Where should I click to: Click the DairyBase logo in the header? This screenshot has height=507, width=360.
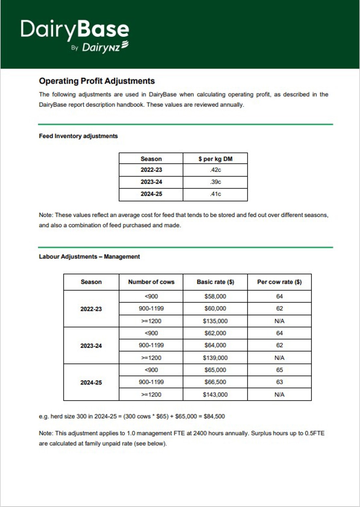pyautogui.click(x=75, y=29)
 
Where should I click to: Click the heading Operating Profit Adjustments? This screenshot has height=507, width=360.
pyautogui.click(x=97, y=81)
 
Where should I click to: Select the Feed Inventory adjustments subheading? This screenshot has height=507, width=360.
pyautogui.click(x=78, y=136)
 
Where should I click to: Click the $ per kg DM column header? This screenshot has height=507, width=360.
pyautogui.click(x=215, y=159)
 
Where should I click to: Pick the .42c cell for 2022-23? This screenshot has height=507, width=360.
pyautogui.click(x=215, y=170)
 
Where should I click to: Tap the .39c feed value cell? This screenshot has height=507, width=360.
pyautogui.click(x=215, y=182)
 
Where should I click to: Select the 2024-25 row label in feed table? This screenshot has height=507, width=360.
pyautogui.click(x=151, y=194)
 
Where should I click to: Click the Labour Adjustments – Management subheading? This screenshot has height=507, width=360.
pyautogui.click(x=89, y=257)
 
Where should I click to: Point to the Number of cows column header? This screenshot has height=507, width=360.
pyautogui.click(x=151, y=282)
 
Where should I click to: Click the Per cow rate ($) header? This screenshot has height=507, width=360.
pyautogui.click(x=279, y=282)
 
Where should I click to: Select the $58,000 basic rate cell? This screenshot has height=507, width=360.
pyautogui.click(x=215, y=296)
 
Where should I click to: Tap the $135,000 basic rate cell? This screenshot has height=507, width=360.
pyautogui.click(x=215, y=321)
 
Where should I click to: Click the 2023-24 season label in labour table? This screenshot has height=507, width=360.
pyautogui.click(x=91, y=346)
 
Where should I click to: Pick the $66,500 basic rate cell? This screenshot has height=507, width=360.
pyautogui.click(x=215, y=382)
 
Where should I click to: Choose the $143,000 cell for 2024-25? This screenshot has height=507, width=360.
pyautogui.click(x=215, y=394)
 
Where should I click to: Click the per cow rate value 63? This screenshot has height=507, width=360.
pyautogui.click(x=279, y=382)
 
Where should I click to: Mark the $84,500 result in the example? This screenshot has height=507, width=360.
pyautogui.click(x=214, y=416)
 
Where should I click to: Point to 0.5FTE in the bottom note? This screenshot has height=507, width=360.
pyautogui.click(x=315, y=433)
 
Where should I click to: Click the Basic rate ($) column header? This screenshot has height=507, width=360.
pyautogui.click(x=215, y=282)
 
